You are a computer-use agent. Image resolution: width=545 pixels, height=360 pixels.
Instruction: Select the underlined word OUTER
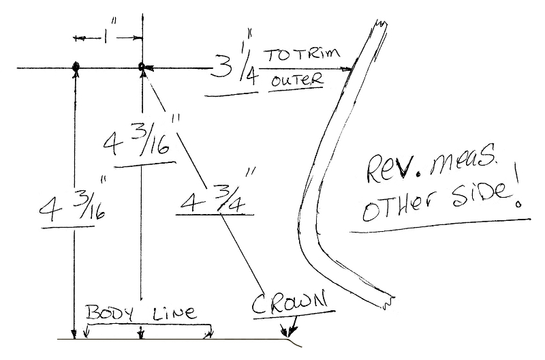tap(296, 80)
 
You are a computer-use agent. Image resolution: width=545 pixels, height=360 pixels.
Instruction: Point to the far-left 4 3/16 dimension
tap(72, 204)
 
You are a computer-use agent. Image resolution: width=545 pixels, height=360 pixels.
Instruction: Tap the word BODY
tap(110, 312)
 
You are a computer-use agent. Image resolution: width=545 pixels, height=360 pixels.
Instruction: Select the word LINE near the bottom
tap(174, 313)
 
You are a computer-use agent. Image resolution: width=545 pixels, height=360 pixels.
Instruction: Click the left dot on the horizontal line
tap(75, 65)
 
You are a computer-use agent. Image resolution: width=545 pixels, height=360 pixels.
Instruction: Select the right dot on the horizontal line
tap(141, 66)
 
